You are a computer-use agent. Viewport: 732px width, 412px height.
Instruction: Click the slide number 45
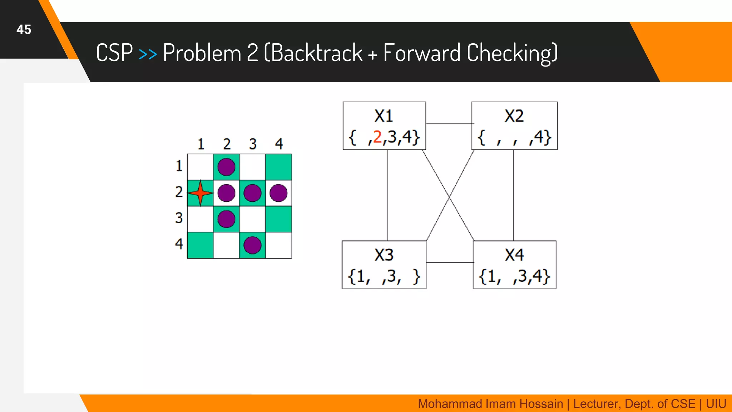pos(24,29)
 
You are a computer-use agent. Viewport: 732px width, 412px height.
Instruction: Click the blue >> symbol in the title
pos(148,54)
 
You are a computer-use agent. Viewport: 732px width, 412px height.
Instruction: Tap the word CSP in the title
pos(114,53)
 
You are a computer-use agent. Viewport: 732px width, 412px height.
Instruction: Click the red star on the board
pos(200,193)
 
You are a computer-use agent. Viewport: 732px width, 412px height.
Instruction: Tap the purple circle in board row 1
pos(226,167)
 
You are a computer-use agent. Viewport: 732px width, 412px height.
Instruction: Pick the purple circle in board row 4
pos(252,245)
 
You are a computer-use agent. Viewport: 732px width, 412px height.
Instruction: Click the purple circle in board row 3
pos(226,219)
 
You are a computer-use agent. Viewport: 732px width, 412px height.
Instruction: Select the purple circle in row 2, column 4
pos(278,193)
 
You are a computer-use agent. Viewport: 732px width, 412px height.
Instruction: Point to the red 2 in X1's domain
pos(377,137)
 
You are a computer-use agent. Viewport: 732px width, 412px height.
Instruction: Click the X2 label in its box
pos(514,116)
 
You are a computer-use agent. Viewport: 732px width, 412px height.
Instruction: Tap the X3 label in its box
pos(384,255)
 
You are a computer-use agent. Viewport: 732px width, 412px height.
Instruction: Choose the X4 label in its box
pos(514,255)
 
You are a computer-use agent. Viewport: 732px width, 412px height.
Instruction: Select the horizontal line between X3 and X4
pos(450,263)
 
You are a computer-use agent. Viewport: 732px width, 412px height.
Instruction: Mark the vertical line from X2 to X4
pos(513,195)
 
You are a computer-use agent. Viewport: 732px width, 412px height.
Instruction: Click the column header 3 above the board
pos(253,144)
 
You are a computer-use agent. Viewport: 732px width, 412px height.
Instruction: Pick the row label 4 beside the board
pos(179,244)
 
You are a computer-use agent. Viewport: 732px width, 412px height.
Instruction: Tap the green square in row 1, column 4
pos(278,167)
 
